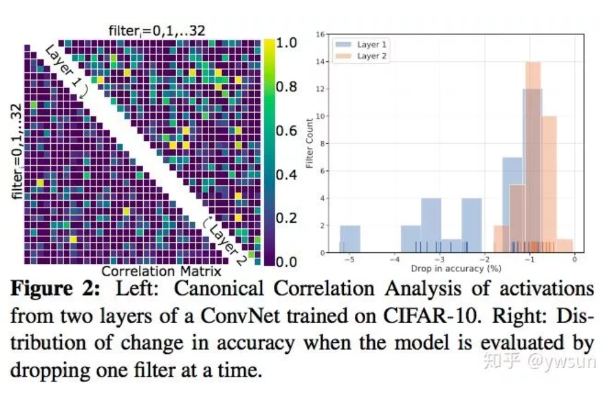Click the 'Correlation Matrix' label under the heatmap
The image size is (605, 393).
coord(161,271)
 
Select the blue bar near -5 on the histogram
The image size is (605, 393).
coord(349,239)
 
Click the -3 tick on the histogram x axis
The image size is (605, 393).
coord(439,260)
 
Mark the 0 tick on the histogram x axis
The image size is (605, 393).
coord(574,260)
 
